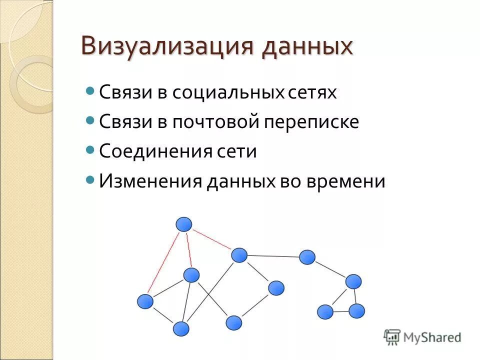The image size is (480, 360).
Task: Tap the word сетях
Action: (x=313, y=92)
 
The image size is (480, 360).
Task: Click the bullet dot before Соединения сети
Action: (x=90, y=149)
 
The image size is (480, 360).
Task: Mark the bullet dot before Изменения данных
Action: (x=90, y=179)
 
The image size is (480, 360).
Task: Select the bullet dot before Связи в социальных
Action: (x=90, y=91)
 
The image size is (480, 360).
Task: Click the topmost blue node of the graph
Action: (x=184, y=224)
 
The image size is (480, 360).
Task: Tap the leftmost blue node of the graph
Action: (x=145, y=301)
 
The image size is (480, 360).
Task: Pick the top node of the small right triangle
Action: (x=353, y=281)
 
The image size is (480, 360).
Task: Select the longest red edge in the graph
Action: (x=163, y=261)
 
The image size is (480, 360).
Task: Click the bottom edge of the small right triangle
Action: (x=341, y=311)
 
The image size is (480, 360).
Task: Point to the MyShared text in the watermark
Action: (x=432, y=337)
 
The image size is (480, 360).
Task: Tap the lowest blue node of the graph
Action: (x=181, y=329)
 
